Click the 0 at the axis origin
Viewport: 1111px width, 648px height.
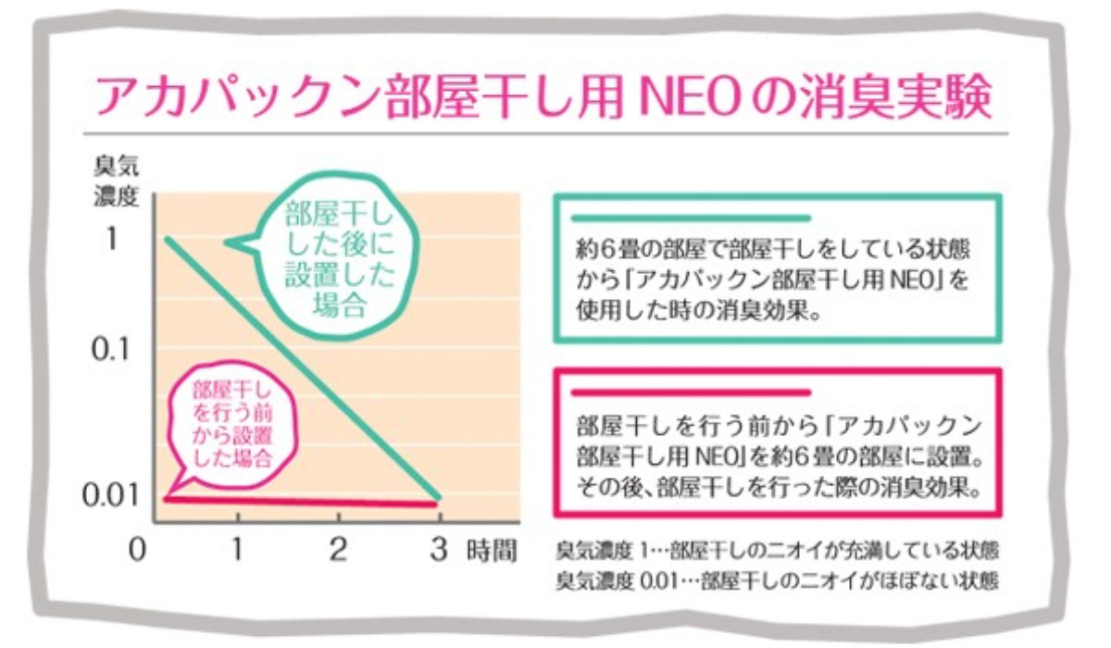[x=137, y=548]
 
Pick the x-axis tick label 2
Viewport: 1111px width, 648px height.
[x=338, y=548]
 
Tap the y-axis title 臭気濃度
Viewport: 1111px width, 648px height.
[x=115, y=185]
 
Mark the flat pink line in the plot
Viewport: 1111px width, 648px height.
[x=296, y=502]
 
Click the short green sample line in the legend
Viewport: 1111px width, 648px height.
[x=692, y=219]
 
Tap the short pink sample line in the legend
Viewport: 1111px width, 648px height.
[x=692, y=393]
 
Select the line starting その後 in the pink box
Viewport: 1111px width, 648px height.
[x=776, y=485]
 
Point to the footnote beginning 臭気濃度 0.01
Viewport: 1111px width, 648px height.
[x=776, y=581]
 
